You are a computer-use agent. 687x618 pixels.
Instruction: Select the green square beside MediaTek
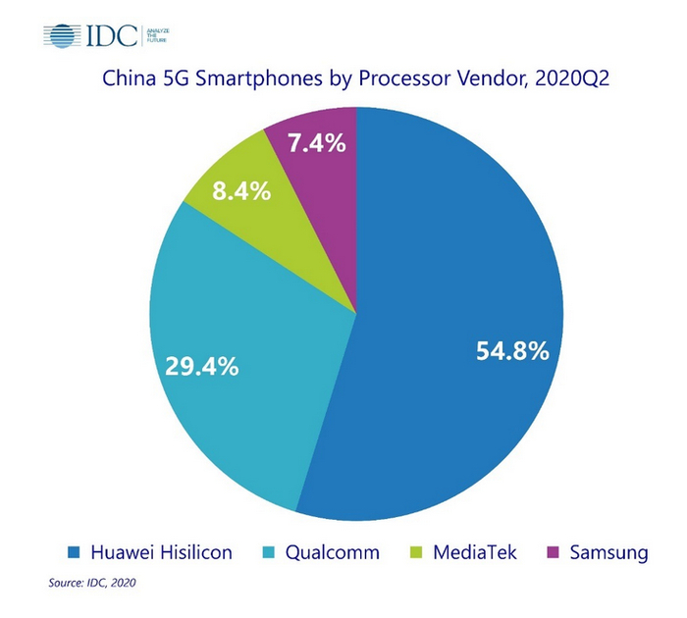click(x=417, y=554)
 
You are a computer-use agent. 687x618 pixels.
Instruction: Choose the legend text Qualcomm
click(x=331, y=553)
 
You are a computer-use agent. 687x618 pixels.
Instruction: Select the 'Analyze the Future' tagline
click(x=160, y=37)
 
